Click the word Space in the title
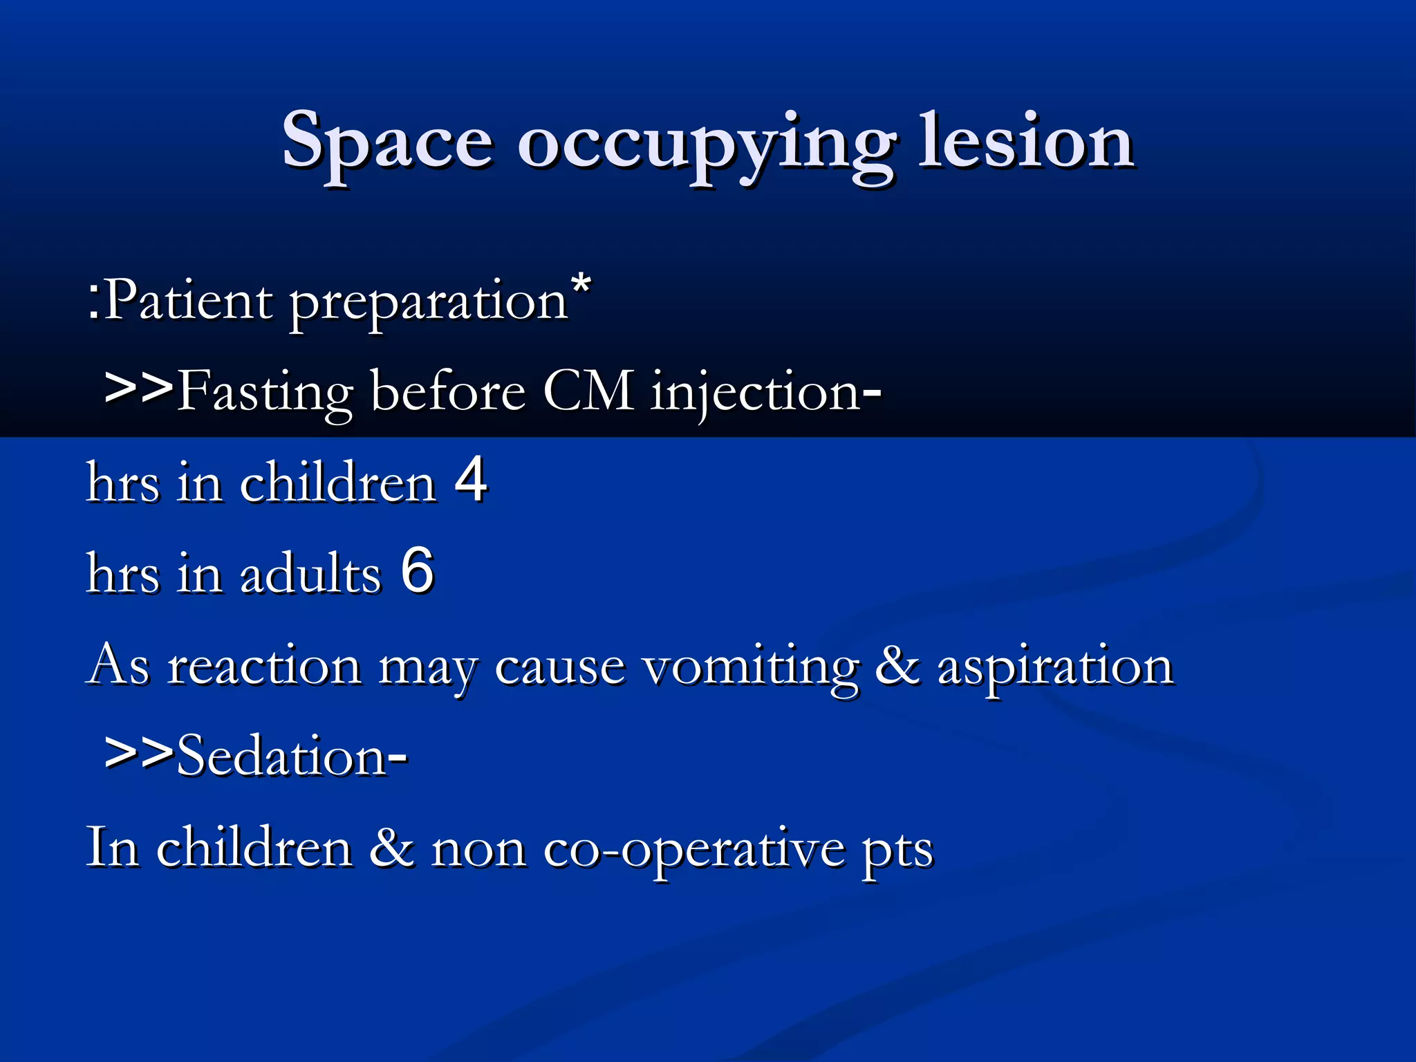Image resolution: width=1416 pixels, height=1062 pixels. point(387,142)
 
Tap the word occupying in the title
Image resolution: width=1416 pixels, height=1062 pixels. point(705,145)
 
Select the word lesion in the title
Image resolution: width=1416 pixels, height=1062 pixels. point(1026,142)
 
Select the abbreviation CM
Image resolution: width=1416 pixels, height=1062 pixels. point(588,391)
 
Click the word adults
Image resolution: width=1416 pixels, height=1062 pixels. point(310,574)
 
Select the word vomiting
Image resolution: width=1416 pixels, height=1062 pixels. point(751,668)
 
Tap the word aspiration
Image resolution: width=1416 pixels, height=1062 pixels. point(1055,668)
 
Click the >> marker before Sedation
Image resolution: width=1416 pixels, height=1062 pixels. point(138,754)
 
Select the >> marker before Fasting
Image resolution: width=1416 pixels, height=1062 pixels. point(138,389)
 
